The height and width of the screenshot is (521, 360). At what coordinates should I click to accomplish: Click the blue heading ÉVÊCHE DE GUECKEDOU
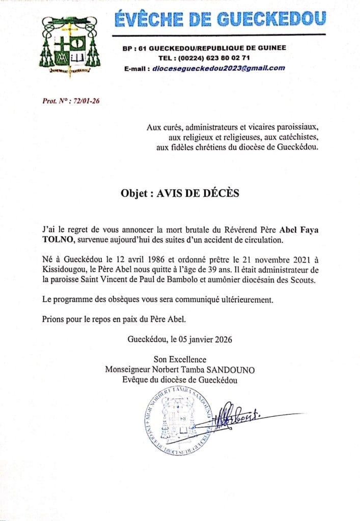[x=219, y=19]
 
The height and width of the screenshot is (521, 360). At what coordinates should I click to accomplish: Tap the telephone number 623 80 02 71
[x=226, y=57]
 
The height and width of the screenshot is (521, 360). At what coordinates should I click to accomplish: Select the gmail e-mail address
[x=218, y=68]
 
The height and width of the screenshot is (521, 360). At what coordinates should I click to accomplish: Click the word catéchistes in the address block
[x=295, y=137]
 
